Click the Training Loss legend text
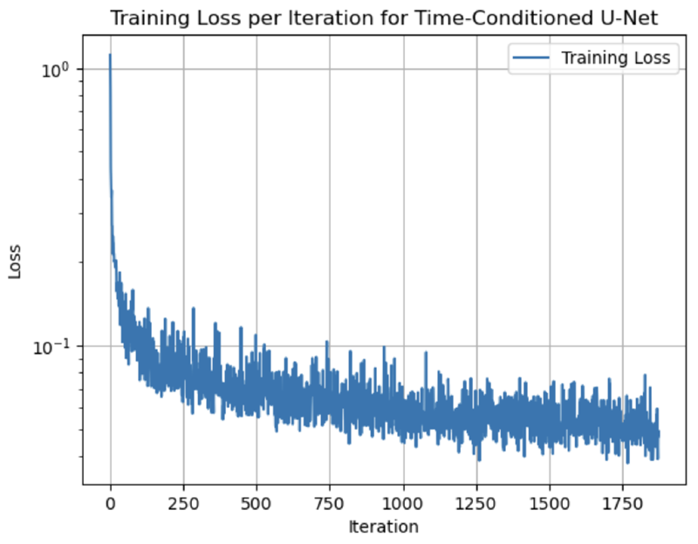pyautogui.click(x=615, y=58)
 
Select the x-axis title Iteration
pyautogui.click(x=383, y=527)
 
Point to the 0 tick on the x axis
pyautogui.click(x=110, y=504)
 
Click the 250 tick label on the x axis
pyautogui.click(x=183, y=504)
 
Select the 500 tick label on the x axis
pyautogui.click(x=257, y=504)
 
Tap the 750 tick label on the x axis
pyautogui.click(x=330, y=504)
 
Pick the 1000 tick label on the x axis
pyautogui.click(x=403, y=504)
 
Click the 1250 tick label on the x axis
pyautogui.click(x=476, y=504)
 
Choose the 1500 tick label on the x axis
pyautogui.click(x=550, y=504)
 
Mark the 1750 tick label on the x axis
pyautogui.click(x=623, y=504)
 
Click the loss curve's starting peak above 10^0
pyautogui.click(x=110, y=56)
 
